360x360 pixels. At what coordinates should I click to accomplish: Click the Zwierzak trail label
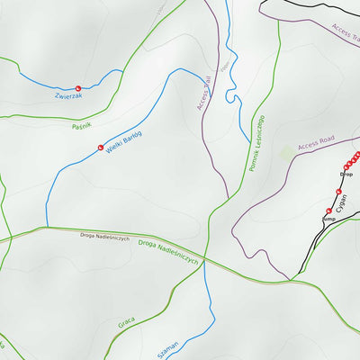[x=67, y=94]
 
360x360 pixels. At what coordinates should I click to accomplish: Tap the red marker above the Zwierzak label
[x=77, y=86]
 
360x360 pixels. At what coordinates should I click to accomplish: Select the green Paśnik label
[x=82, y=125]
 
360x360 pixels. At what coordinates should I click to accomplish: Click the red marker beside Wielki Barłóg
[x=101, y=148]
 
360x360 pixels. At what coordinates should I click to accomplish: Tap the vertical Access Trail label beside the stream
[x=205, y=93]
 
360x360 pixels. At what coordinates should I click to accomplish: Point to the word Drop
[x=346, y=174]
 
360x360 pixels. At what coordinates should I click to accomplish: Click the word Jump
[x=328, y=219]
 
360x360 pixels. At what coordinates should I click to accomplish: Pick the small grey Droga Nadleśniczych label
[x=104, y=238]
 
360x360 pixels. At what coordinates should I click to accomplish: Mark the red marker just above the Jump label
[x=328, y=211]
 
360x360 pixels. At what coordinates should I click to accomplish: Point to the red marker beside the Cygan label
[x=338, y=192]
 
